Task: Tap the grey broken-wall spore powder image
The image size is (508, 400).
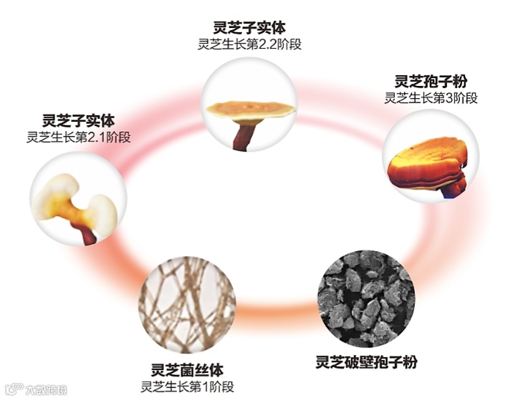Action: pyautogui.click(x=366, y=298)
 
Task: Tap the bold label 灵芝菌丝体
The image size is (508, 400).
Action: pyautogui.click(x=188, y=370)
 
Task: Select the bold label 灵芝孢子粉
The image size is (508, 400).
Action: pyautogui.click(x=431, y=81)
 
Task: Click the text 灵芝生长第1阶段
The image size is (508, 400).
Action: pyautogui.click(x=188, y=387)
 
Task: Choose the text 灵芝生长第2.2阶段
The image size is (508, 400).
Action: pyautogui.click(x=250, y=44)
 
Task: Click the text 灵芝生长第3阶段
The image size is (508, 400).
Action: pyautogui.click(x=431, y=97)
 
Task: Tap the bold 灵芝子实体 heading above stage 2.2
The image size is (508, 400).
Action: pyautogui.click(x=249, y=27)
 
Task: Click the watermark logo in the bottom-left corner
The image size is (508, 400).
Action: pyautogui.click(x=36, y=389)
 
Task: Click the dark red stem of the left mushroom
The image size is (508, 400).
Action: pyautogui.click(x=87, y=233)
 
